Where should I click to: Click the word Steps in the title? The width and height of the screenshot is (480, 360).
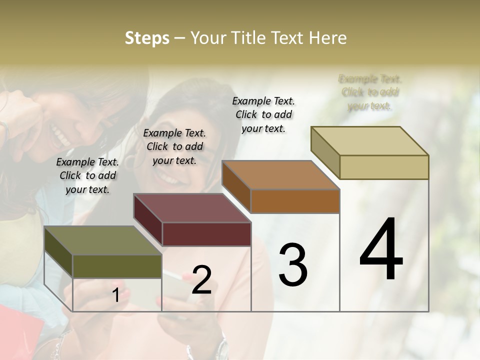(x=146, y=38)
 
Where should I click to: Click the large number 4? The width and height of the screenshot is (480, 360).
(x=381, y=250)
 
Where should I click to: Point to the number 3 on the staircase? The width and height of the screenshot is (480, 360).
(x=293, y=265)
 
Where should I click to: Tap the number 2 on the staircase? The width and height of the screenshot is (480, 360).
(x=201, y=280)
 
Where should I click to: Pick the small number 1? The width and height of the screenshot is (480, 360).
(x=115, y=295)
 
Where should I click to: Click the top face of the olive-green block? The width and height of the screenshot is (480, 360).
(x=102, y=240)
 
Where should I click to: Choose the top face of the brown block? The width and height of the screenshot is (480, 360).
(x=280, y=175)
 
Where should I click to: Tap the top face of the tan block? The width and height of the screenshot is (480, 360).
(x=369, y=140)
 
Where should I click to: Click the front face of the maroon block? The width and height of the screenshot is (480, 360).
(x=206, y=234)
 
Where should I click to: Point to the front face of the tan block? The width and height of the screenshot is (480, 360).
(x=384, y=167)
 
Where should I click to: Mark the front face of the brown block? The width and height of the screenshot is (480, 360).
(x=295, y=201)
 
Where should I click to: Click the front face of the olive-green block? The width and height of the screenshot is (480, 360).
(x=117, y=266)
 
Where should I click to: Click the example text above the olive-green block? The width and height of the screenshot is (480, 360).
(x=87, y=175)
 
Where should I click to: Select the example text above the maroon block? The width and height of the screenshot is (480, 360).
(x=174, y=146)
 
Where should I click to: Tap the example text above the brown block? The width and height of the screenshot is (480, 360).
(x=263, y=114)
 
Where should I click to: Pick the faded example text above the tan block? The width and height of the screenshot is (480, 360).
(x=370, y=92)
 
